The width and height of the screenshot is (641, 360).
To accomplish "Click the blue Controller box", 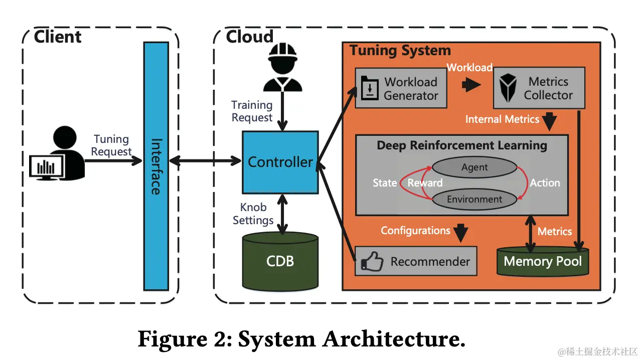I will click(x=280, y=162).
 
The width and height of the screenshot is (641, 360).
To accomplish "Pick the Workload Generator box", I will click(x=401, y=88).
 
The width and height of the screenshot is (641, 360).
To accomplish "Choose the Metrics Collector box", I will click(x=539, y=88).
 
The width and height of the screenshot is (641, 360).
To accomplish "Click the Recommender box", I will click(x=416, y=261).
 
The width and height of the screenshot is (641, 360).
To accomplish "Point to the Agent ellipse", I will click(x=474, y=167).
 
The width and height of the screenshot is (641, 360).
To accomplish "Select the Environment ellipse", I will click(x=474, y=199).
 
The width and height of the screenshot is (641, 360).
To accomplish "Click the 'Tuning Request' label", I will click(x=111, y=145).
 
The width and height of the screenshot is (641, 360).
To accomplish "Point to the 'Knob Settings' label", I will click(x=254, y=214).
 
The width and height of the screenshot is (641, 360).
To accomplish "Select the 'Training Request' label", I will click(x=252, y=111).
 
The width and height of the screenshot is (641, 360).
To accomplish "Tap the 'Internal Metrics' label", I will click(x=502, y=119).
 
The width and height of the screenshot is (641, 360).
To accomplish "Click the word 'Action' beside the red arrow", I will click(x=545, y=183).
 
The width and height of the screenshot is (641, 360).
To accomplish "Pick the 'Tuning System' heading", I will click(x=400, y=51).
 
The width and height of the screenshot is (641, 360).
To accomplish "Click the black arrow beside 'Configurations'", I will click(x=460, y=232).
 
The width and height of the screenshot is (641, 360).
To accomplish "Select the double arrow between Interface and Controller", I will click(x=205, y=161).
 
